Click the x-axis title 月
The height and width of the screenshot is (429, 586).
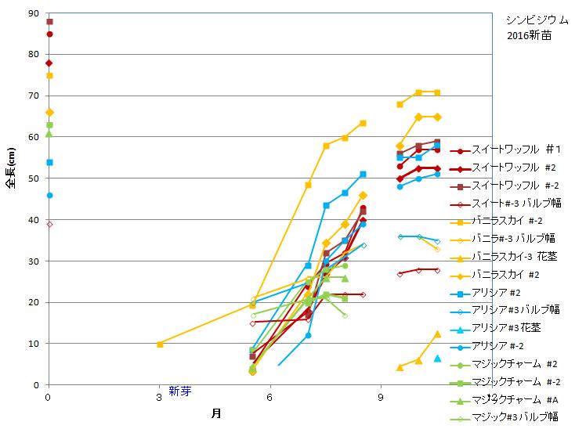tap(215, 413)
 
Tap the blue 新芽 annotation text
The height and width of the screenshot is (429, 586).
tap(179, 392)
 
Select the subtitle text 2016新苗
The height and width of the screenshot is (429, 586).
tap(527, 35)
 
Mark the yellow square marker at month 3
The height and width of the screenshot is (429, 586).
tap(160, 344)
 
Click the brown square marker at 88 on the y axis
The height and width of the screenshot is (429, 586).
tap(49, 22)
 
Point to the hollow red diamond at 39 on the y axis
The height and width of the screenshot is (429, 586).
tap(49, 224)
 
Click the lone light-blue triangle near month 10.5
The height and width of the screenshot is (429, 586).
tap(437, 358)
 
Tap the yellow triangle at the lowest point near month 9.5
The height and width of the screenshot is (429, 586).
tap(400, 367)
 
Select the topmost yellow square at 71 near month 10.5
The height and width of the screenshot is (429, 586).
tap(437, 92)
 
